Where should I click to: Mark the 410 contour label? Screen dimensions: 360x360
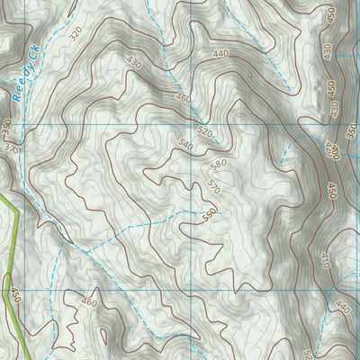click(x=325, y=260)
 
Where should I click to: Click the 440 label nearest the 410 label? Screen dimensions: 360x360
click(x=342, y=306)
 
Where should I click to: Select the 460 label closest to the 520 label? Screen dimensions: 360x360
click(x=183, y=97)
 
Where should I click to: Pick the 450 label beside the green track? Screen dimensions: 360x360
click(x=15, y=295)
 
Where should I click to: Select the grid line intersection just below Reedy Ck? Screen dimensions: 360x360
click(x=22, y=123)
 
